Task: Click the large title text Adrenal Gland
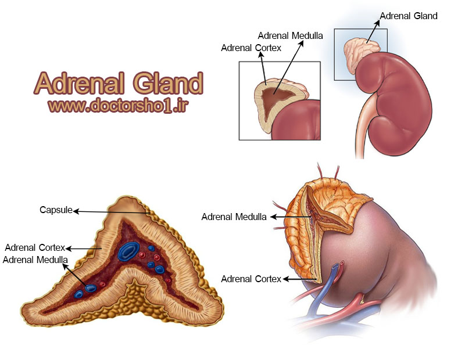tap(119, 83)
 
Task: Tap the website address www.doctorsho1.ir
tap(119, 106)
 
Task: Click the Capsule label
tap(56, 210)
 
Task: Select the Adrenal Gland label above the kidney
tap(409, 16)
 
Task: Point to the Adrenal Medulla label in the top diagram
tap(290, 35)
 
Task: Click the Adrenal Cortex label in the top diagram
tap(251, 48)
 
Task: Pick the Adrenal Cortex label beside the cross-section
tap(35, 247)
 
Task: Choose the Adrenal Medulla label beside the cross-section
tap(35, 260)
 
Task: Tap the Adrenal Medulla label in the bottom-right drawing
tap(234, 217)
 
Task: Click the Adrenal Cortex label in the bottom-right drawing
tap(251, 279)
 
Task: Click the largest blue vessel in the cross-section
tap(128, 251)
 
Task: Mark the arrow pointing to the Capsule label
tap(112, 212)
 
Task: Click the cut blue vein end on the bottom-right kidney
tap(335, 266)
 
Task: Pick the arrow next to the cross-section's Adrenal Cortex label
tap(84, 249)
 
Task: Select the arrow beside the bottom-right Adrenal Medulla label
tap(291, 217)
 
